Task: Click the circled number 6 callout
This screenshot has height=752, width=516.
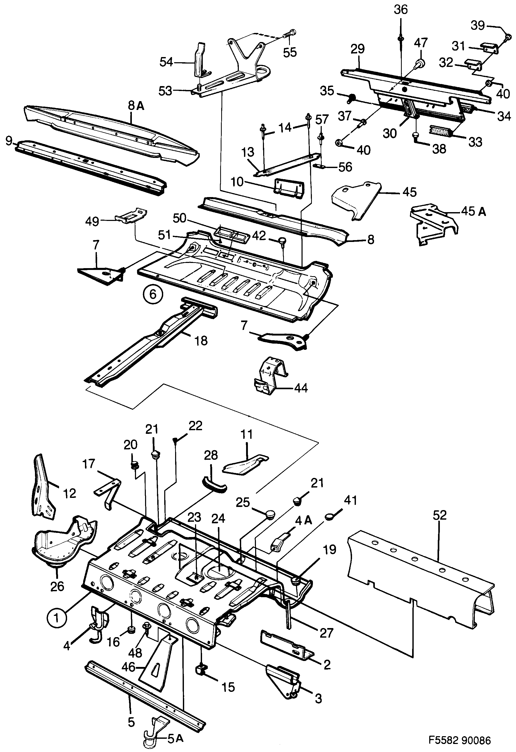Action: coord(153,295)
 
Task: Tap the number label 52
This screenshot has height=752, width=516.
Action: coord(439,515)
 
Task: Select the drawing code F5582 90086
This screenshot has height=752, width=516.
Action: coord(460,740)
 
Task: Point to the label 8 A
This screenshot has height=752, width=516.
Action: coord(136,106)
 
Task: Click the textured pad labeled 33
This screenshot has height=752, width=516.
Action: coord(441,130)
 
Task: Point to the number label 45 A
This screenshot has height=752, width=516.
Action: coord(473,212)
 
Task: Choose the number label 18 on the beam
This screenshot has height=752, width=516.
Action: coord(201,340)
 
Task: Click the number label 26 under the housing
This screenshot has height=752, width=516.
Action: coord(57,586)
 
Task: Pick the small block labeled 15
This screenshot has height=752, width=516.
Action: coord(201,668)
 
